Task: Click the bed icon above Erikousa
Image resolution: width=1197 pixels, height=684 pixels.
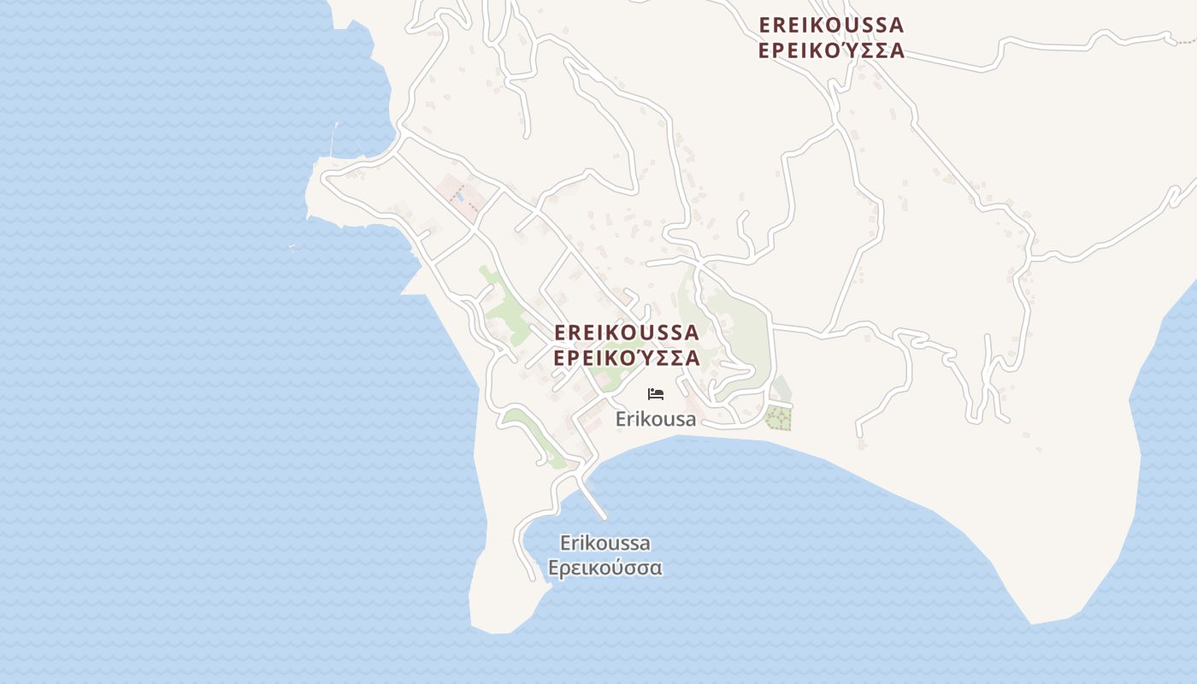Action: click(656, 394)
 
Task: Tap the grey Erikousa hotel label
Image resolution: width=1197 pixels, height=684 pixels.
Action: click(656, 419)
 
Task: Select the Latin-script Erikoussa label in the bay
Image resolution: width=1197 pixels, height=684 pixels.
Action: click(605, 543)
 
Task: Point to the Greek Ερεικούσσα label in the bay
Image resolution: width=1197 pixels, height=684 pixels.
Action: click(605, 567)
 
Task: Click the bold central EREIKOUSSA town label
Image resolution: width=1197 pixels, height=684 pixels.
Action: click(627, 332)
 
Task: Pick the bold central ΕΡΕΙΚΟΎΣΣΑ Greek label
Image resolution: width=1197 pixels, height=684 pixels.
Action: click(627, 357)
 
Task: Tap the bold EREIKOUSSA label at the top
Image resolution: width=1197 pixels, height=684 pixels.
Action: click(831, 25)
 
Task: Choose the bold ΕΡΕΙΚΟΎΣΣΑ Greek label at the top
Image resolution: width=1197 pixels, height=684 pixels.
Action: click(831, 50)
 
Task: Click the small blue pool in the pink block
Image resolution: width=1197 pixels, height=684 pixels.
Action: click(460, 196)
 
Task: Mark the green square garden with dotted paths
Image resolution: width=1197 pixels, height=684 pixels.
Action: click(778, 418)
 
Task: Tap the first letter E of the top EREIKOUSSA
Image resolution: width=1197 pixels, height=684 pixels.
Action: click(765, 25)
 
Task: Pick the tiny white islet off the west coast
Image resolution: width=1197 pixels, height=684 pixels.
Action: click(293, 248)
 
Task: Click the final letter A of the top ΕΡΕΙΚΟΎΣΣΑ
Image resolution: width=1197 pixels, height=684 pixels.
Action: click(896, 50)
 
